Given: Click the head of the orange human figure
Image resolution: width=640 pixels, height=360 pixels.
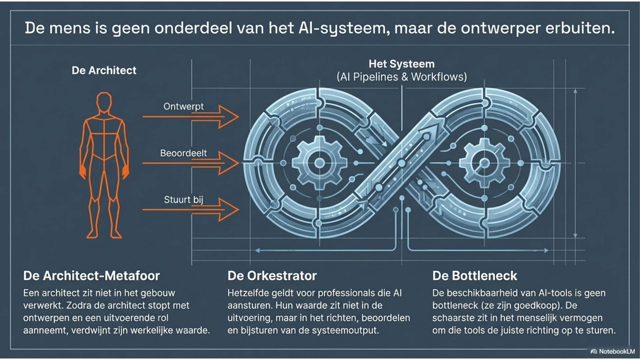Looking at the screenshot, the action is [x=104, y=102].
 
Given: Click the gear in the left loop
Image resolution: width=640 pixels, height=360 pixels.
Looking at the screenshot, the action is [x=319, y=163].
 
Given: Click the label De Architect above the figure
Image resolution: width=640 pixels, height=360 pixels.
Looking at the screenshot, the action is [x=104, y=70].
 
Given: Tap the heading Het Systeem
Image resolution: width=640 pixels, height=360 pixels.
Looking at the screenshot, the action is [x=402, y=64].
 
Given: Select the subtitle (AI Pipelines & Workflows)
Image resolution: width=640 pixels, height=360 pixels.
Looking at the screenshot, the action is [x=402, y=77].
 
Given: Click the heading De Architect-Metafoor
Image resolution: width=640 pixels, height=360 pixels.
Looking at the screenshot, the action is [x=92, y=276].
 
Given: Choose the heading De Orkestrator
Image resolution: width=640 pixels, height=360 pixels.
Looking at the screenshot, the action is [x=272, y=276].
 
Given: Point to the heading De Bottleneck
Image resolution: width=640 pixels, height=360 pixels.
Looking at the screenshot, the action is [x=475, y=276].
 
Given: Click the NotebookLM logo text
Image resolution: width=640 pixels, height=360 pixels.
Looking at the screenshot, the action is [x=616, y=351].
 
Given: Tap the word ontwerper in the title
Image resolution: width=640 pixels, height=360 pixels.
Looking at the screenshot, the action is [x=500, y=28].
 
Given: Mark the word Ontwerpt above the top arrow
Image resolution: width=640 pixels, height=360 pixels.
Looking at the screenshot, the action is [x=183, y=106].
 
